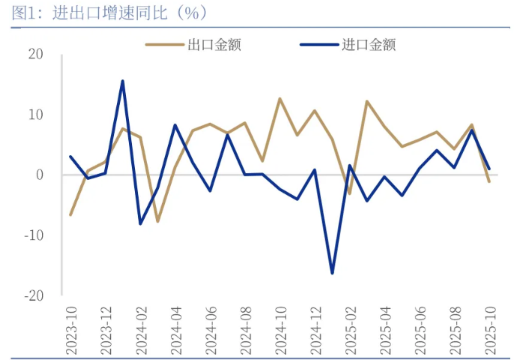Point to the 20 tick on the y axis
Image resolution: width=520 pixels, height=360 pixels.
click(36, 54)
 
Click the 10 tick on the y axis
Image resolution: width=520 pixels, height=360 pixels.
click(36, 115)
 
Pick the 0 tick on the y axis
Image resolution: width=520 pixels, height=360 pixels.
click(40, 175)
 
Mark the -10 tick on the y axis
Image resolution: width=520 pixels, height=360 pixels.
click(34, 235)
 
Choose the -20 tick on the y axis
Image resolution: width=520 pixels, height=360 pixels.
click(34, 295)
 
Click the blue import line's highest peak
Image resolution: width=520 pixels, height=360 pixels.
click(123, 81)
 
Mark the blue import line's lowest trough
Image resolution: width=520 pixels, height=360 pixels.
click(332, 273)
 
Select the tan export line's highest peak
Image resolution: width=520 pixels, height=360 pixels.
click(279, 98)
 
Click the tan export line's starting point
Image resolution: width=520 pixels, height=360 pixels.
click(70, 215)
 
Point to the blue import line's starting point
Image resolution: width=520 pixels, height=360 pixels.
click(70, 157)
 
